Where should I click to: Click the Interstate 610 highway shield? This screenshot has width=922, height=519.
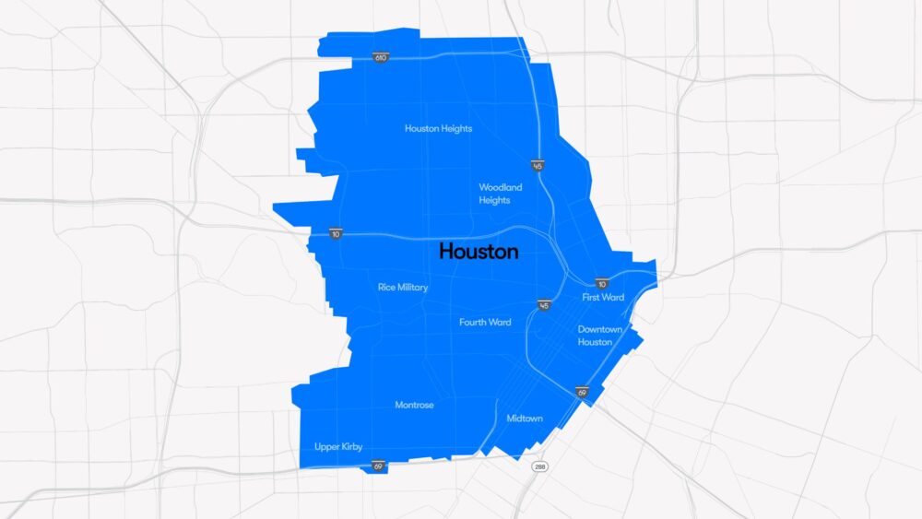click(380, 57)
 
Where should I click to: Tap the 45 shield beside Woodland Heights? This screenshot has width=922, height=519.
click(537, 166)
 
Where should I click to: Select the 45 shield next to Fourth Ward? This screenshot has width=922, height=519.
click(544, 305)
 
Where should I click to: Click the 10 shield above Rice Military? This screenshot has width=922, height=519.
click(336, 234)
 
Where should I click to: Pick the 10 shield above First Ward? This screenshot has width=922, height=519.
click(601, 283)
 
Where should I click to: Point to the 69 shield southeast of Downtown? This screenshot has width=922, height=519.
click(582, 393)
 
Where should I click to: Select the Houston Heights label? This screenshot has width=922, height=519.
click(438, 128)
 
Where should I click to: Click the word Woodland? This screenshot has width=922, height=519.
click(500, 187)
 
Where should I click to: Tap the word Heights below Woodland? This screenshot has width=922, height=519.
click(494, 200)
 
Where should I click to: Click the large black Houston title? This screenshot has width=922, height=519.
click(479, 251)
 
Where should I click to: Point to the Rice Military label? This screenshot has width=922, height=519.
click(403, 287)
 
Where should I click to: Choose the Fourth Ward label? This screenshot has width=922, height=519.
click(485, 322)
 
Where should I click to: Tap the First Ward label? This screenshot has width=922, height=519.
click(603, 298)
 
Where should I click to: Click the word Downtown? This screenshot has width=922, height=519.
click(600, 329)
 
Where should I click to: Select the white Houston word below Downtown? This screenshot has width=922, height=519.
click(595, 342)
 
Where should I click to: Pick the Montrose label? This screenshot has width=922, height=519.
click(414, 405)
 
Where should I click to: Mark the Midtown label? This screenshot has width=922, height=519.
click(525, 419)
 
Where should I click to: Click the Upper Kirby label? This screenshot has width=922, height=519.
click(338, 446)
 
